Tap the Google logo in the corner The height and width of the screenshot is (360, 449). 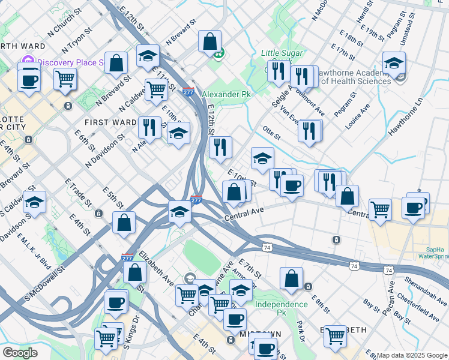(x=20, y=353)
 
